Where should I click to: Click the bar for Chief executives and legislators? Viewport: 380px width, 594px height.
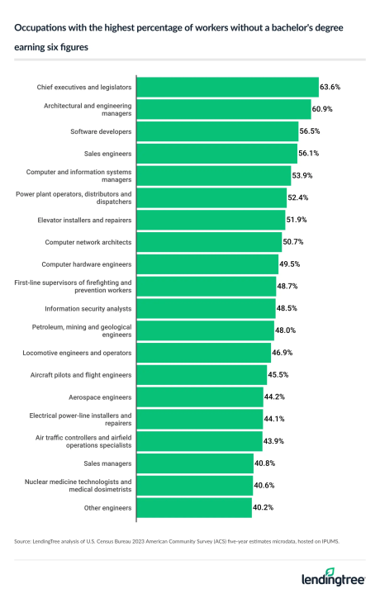tap(227, 87)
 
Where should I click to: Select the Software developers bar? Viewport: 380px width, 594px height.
tap(217, 131)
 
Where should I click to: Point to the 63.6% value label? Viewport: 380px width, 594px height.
tap(332, 87)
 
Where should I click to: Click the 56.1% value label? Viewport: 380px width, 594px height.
tap(311, 154)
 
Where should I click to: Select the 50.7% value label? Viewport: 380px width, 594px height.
tap(295, 242)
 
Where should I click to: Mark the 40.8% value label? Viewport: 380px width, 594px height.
tap(266, 463)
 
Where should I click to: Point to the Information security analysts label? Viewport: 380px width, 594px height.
tap(87, 308)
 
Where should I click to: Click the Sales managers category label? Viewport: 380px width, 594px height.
tap(110, 463)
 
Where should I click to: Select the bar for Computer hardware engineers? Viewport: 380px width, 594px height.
tap(207, 264)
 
